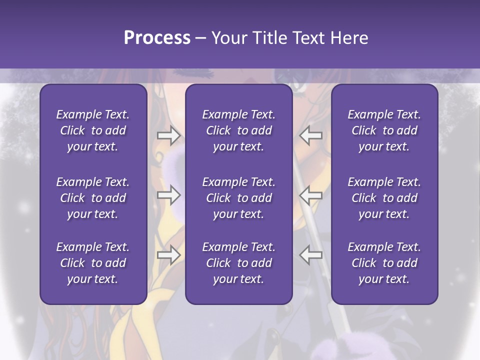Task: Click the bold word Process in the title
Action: point(157,38)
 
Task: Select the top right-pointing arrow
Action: point(168,135)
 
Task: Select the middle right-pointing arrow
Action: point(168,195)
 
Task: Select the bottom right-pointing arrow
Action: point(168,255)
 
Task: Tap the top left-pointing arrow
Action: point(311,135)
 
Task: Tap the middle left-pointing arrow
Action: point(311,195)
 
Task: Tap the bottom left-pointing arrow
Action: point(311,255)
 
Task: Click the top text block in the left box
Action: point(93,130)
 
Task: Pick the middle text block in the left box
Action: point(93,198)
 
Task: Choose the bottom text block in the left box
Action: point(93,263)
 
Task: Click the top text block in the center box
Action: point(238,130)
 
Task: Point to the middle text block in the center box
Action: point(238,198)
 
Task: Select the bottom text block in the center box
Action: point(238,263)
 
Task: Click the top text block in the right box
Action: point(384,130)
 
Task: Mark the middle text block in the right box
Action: point(384,198)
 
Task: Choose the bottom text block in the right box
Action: point(384,263)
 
